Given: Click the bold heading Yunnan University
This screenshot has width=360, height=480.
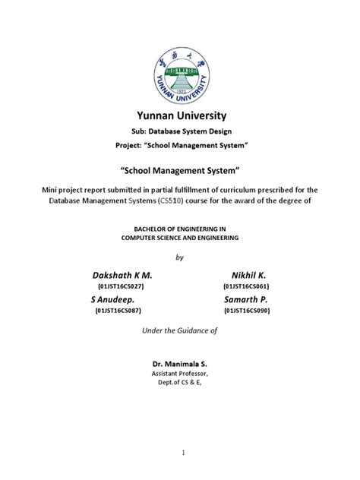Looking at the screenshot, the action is click(x=181, y=116).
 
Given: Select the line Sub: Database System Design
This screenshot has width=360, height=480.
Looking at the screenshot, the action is click(x=181, y=131).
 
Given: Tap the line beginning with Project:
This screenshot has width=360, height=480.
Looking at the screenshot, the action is click(x=181, y=145).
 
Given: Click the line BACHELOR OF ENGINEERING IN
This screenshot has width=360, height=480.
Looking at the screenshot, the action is click(x=180, y=228).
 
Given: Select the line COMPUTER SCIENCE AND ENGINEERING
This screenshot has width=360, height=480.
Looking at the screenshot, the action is click(x=180, y=238).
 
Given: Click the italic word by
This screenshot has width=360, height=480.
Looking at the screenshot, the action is click(x=180, y=257).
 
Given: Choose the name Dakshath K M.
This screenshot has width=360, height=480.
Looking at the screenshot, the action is click(x=121, y=274).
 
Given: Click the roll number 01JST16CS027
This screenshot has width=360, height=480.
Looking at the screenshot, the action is click(x=121, y=286).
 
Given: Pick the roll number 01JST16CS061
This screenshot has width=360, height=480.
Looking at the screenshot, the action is click(x=246, y=286).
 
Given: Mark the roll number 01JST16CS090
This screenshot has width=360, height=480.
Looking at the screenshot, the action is click(x=246, y=311).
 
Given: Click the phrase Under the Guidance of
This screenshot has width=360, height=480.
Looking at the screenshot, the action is click(x=180, y=331).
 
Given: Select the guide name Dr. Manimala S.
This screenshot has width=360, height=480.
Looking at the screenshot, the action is click(x=180, y=365).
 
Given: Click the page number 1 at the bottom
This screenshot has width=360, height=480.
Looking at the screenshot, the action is click(x=180, y=453).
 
